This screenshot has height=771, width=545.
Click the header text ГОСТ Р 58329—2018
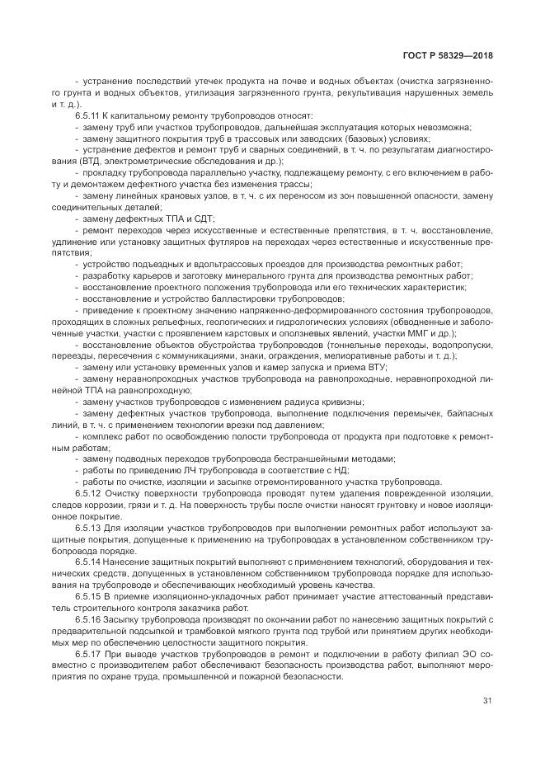click(449, 55)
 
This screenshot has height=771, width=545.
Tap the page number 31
click(487, 701)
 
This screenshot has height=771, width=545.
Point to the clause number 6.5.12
click(88, 492)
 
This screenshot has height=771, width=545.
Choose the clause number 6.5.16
click(88, 618)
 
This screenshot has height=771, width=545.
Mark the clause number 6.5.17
click(88, 653)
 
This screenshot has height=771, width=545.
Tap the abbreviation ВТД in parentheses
click(93, 162)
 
